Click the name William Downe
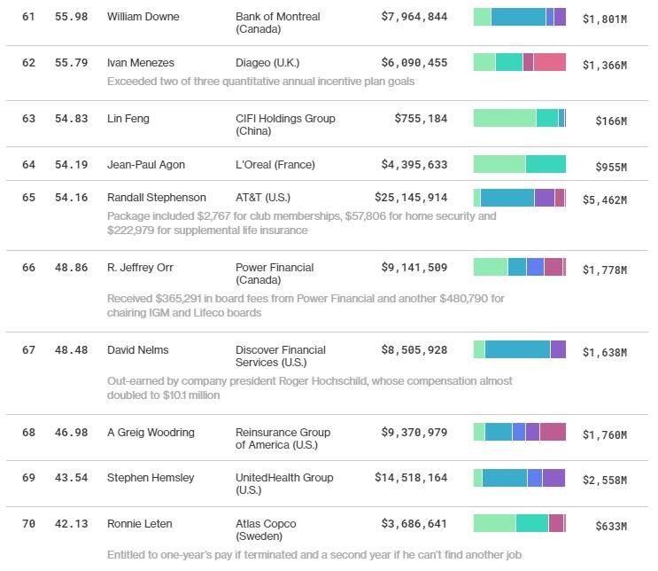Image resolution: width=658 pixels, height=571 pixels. tap(143, 17)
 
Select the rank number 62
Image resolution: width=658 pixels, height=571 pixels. tap(28, 63)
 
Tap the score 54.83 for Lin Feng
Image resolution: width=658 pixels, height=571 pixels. tap(71, 119)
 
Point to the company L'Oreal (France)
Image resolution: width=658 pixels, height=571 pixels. tap(275, 165)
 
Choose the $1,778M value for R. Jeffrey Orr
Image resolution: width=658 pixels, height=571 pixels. tap(604, 270)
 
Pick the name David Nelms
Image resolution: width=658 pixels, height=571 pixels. tap(137, 350)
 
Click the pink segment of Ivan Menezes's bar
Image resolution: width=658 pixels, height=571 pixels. tap(549, 62)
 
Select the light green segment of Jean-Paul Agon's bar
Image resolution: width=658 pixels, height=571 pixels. tap(499, 164)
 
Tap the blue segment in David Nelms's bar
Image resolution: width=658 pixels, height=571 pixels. tap(517, 349)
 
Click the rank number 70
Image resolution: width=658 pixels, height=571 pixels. tap(28, 524)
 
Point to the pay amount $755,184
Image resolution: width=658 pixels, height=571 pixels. tap(421, 119)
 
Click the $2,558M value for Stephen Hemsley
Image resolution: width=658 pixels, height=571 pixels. tap(604, 481)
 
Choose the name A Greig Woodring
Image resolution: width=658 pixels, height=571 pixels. tap(151, 433)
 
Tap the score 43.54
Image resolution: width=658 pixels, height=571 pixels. tap(71, 478)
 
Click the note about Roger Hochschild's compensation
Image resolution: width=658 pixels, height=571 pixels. tap(309, 388)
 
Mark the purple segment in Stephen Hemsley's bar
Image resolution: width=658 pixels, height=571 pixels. tap(553, 478)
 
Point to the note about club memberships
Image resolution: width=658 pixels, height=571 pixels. tap(301, 223)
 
